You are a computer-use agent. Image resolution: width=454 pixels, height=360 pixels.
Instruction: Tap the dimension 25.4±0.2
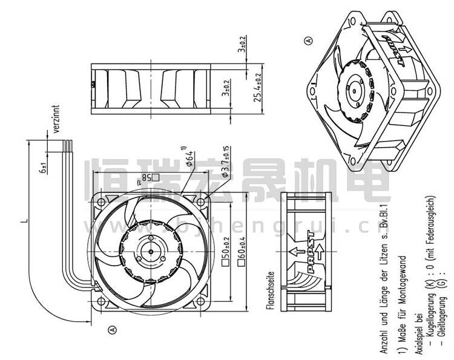(x=258, y=89)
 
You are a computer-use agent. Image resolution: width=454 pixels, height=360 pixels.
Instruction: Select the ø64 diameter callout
(x=190, y=155)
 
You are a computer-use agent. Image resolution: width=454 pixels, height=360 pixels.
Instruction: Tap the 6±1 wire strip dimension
(x=44, y=167)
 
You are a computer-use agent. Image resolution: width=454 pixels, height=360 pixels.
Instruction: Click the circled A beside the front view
(x=111, y=330)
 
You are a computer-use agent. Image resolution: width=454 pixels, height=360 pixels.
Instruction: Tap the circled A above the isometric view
(x=309, y=41)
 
